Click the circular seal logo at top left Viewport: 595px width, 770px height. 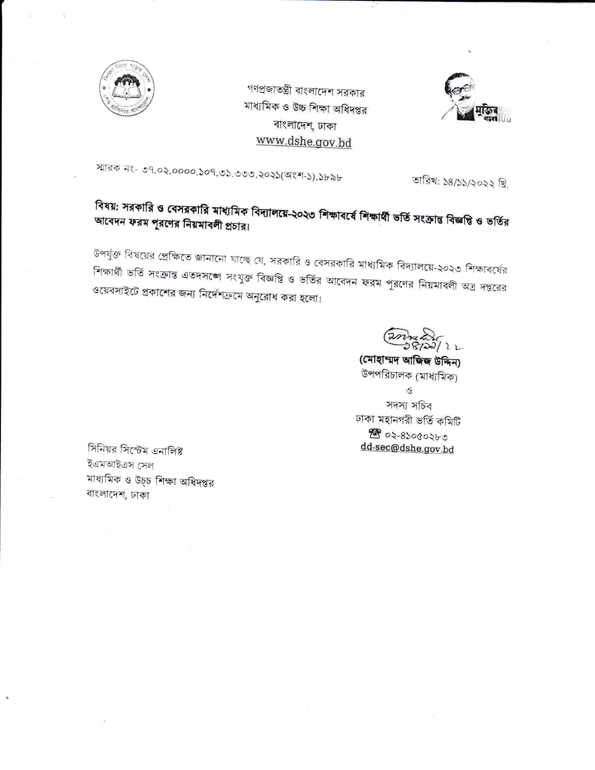[x=127, y=89]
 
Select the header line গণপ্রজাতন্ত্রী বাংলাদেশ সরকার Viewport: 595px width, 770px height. [x=306, y=91]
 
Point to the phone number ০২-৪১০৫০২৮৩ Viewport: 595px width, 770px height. [x=417, y=436]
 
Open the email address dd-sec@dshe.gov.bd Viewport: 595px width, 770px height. [x=407, y=449]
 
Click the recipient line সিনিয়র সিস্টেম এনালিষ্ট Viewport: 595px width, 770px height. [x=135, y=451]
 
